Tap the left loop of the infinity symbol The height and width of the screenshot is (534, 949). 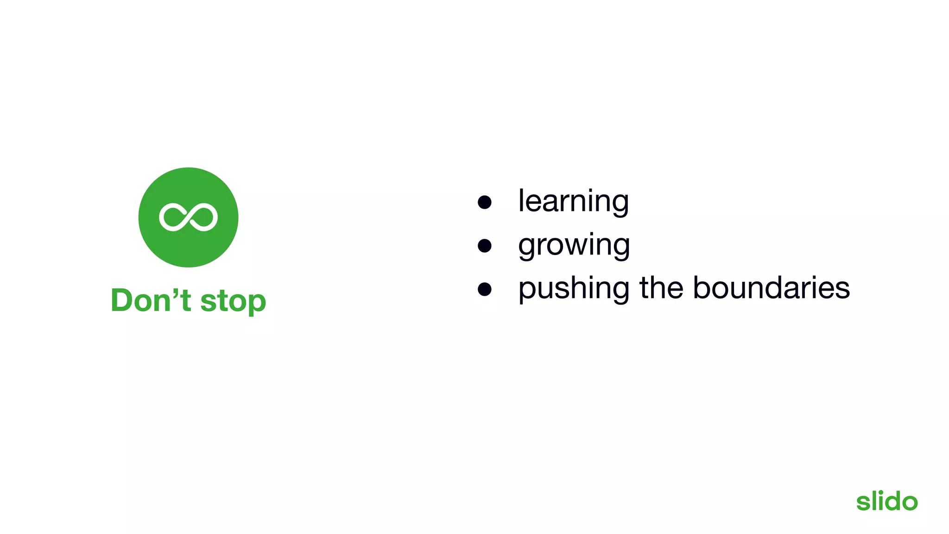(x=171, y=217)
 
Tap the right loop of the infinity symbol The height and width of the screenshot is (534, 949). (x=204, y=217)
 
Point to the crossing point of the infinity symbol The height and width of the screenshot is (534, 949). (x=188, y=217)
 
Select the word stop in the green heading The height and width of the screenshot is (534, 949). (x=233, y=301)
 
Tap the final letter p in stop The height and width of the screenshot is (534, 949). (x=256, y=304)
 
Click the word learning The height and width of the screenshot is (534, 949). (x=573, y=202)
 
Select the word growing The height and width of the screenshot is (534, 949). (x=574, y=245)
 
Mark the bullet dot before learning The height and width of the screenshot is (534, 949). (x=484, y=202)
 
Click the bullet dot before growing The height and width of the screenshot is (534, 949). (x=484, y=246)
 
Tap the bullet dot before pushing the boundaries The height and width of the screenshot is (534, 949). (x=484, y=289)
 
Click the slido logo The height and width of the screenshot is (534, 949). (x=886, y=501)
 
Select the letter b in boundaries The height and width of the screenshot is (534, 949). (x=702, y=287)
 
